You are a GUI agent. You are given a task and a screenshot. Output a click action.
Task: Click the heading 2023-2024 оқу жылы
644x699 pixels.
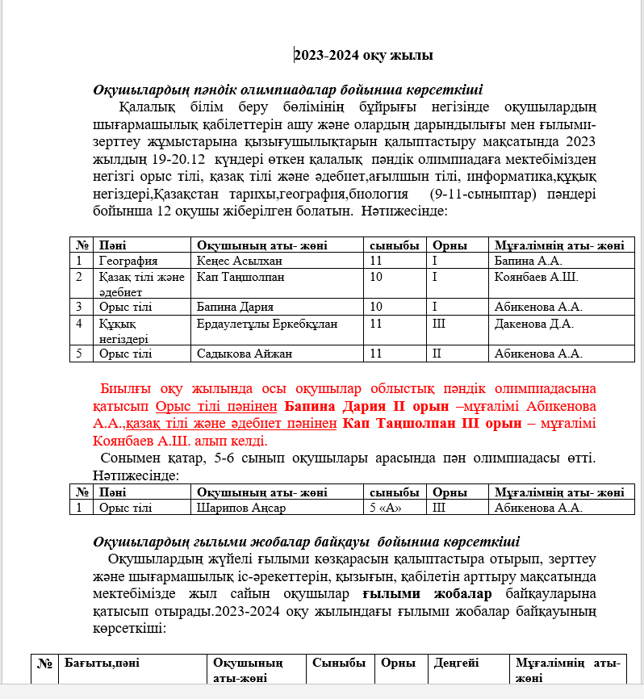363,56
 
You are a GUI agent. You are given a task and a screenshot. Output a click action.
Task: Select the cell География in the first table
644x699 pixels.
128,261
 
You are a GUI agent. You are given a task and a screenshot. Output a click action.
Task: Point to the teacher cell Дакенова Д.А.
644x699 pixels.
533,324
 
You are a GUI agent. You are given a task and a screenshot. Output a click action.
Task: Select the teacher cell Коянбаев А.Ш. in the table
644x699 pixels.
536,277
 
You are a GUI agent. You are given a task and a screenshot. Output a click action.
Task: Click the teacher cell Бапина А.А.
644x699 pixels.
528,261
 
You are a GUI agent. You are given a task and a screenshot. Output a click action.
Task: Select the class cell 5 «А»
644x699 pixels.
385,508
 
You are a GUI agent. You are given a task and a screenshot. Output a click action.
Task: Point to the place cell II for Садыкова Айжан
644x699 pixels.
437,353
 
